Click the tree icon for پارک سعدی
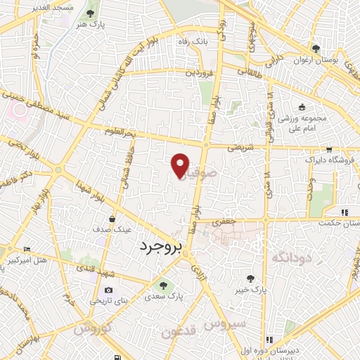(x=163, y=285)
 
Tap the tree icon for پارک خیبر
(x=250, y=279)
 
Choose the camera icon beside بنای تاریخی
(x=108, y=290)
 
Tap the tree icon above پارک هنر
(x=91, y=13)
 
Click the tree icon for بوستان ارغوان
(x=316, y=49)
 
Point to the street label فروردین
(x=199, y=72)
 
